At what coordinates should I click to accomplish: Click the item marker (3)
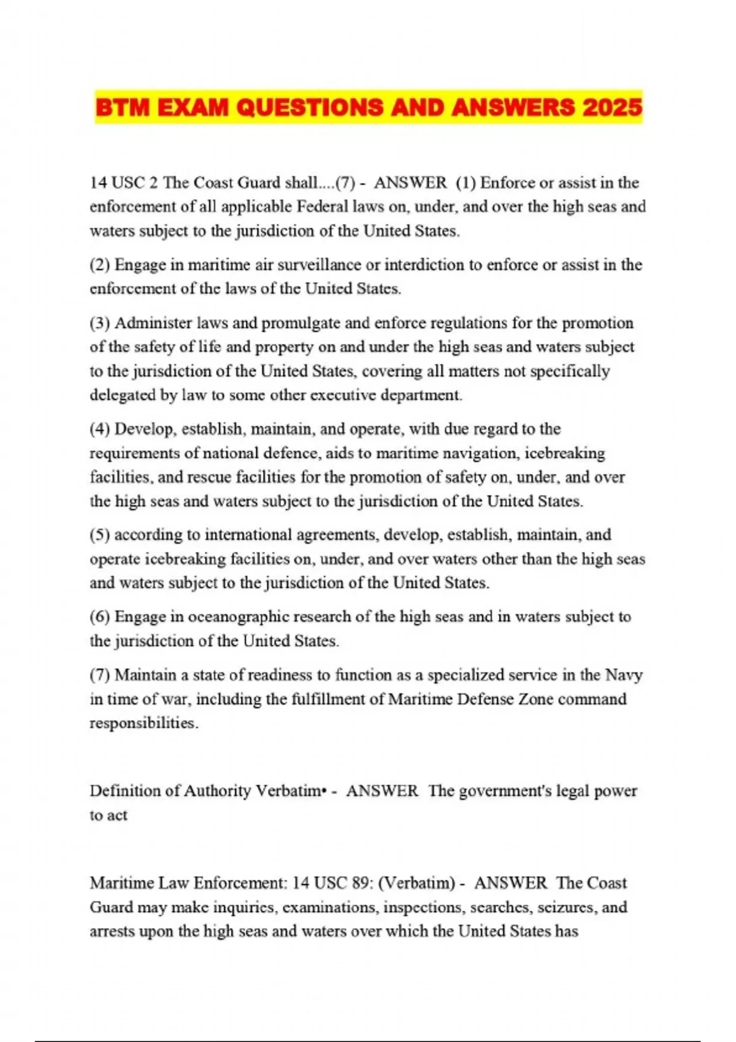[x=100, y=323]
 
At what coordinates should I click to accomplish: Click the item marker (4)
[x=100, y=429]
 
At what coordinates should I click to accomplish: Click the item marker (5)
[x=100, y=535]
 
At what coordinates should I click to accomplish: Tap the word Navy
[x=624, y=675]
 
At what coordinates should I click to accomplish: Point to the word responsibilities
[x=144, y=723]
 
